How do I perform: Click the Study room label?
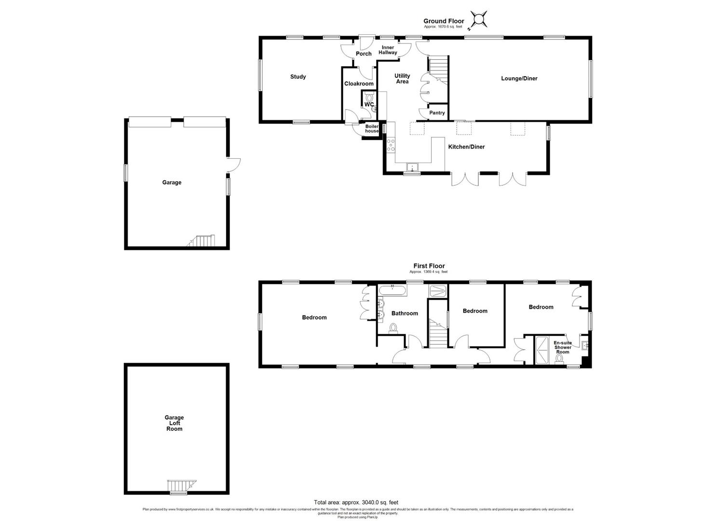click(x=297, y=77)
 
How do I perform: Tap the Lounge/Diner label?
click(x=519, y=78)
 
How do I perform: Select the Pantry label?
click(x=437, y=113)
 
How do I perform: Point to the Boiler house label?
click(x=372, y=129)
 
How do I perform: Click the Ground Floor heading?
click(x=444, y=21)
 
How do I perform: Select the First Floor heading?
click(x=429, y=266)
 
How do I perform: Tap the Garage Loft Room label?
click(x=174, y=423)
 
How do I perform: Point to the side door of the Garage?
click(x=233, y=165)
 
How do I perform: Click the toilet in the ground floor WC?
click(x=369, y=97)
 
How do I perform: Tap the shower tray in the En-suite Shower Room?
click(x=542, y=350)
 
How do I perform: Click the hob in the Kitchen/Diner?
click(x=390, y=145)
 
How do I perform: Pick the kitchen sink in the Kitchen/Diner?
click(x=412, y=167)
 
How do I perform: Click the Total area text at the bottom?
click(x=356, y=502)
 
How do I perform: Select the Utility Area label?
click(x=402, y=79)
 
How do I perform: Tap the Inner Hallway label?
click(x=388, y=50)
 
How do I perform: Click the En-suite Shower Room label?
click(x=563, y=347)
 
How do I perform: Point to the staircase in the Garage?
click(x=203, y=241)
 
